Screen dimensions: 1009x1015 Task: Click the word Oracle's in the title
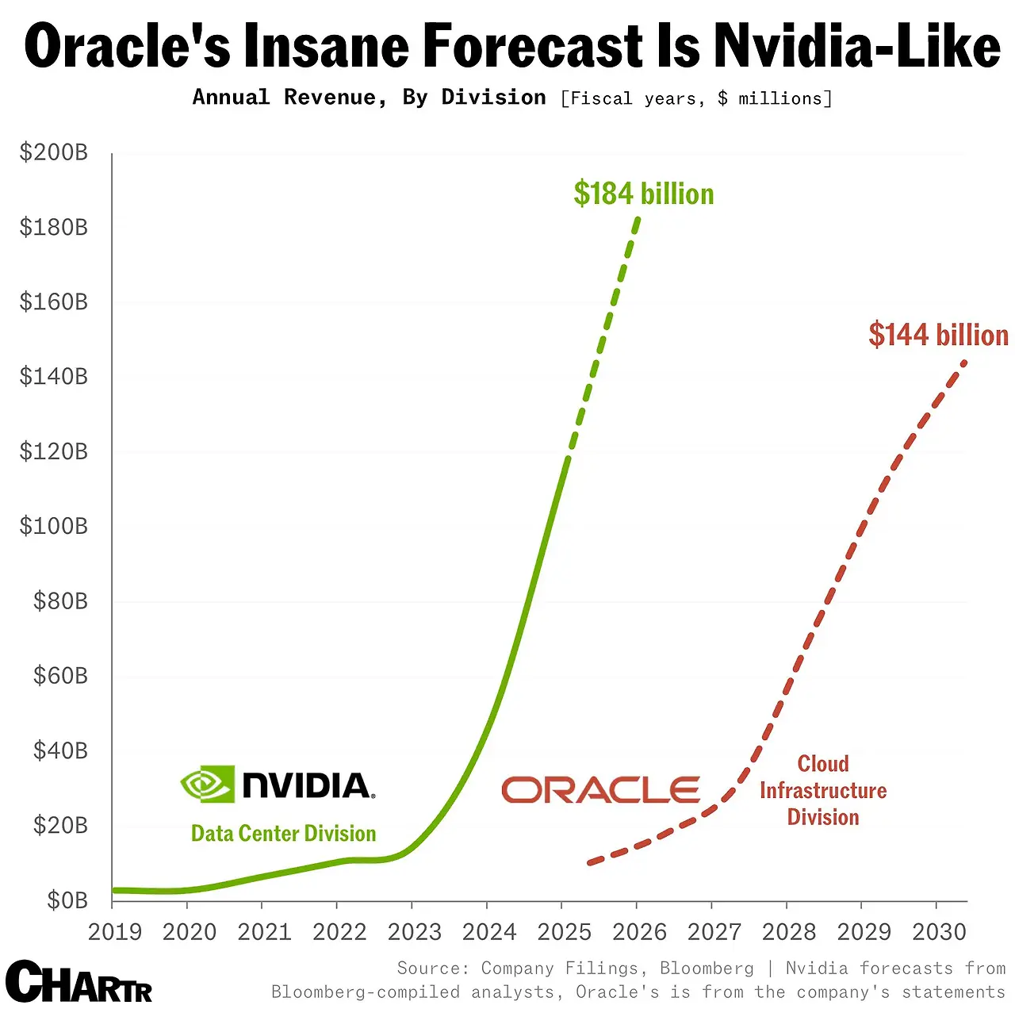pyautogui.click(x=128, y=46)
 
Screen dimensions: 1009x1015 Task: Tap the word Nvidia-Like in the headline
pyautogui.click(x=857, y=46)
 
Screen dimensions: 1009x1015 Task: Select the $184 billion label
pyautogui.click(x=643, y=194)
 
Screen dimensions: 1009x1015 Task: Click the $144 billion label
pyautogui.click(x=938, y=335)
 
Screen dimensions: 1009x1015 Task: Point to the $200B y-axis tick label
pyautogui.click(x=54, y=152)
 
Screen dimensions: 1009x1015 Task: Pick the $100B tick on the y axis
pyautogui.click(x=54, y=526)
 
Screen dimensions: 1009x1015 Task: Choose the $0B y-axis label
pyautogui.click(x=67, y=900)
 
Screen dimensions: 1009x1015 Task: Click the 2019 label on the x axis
pyautogui.click(x=115, y=932)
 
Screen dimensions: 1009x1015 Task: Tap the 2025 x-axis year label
pyautogui.click(x=564, y=932)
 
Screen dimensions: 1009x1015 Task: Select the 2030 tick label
pyautogui.click(x=939, y=932)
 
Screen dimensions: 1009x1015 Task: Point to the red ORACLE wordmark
pyautogui.click(x=600, y=790)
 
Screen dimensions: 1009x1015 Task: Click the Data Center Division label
pyautogui.click(x=283, y=834)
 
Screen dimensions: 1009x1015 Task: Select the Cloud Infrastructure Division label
pyautogui.click(x=823, y=790)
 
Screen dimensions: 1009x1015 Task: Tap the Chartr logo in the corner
pyautogui.click(x=79, y=983)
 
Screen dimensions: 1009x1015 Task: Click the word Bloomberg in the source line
pyautogui.click(x=707, y=969)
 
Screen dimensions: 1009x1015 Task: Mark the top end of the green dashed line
pyautogui.click(x=638, y=218)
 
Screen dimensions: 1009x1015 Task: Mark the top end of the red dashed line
pyautogui.click(x=964, y=362)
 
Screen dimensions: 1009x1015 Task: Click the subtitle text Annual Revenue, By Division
pyautogui.click(x=369, y=98)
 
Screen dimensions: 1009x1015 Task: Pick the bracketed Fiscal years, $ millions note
pyautogui.click(x=696, y=98)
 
